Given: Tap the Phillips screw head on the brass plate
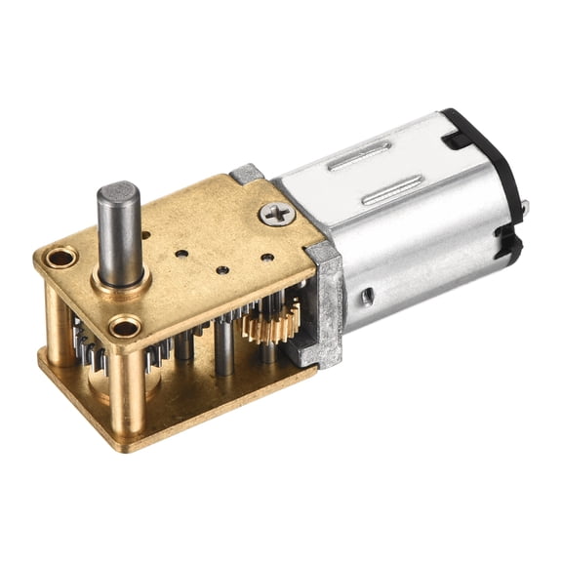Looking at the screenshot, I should tap(278, 213).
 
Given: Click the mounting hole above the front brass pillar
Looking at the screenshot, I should tap(124, 326).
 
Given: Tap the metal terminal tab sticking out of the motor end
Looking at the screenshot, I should tap(525, 206).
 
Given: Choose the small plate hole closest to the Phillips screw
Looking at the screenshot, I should tap(266, 259).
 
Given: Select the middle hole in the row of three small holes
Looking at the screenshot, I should tap(223, 269).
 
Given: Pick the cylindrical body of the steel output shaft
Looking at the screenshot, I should tap(117, 234).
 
